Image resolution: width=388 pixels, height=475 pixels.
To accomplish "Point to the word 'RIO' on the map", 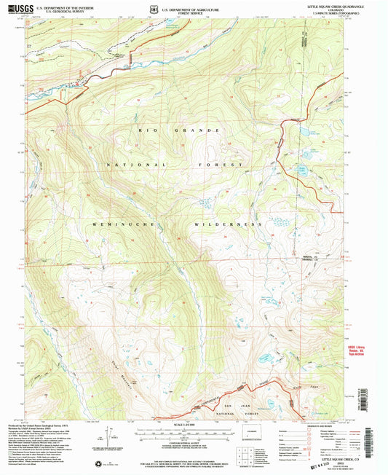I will [x=143, y=130].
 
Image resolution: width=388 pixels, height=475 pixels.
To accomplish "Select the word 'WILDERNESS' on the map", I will [x=228, y=224].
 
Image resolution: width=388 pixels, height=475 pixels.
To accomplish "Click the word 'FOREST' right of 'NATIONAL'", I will [x=226, y=166].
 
